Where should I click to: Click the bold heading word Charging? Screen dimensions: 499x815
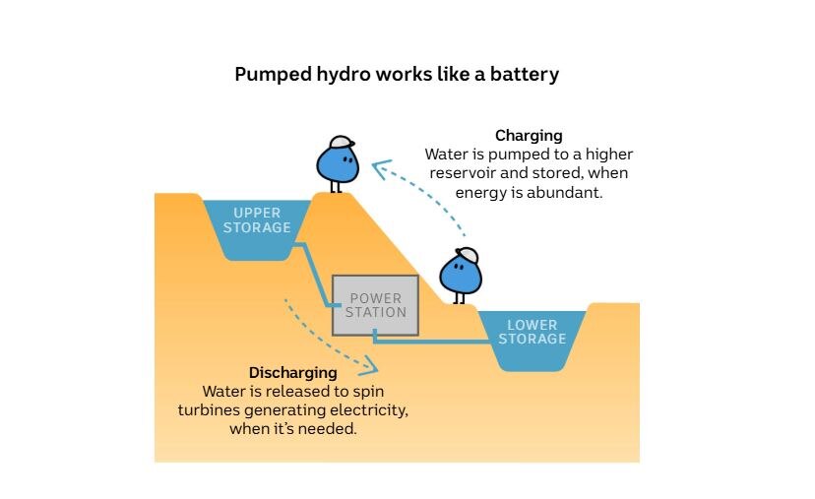tap(529, 136)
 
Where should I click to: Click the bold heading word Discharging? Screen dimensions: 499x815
tap(293, 373)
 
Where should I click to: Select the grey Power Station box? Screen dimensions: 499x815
tap(375, 305)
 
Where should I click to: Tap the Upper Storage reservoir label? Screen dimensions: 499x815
tap(257, 220)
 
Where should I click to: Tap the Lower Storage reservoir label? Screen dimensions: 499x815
tap(532, 332)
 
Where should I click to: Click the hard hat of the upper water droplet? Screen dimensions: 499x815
tap(342, 143)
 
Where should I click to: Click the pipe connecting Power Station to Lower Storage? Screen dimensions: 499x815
tap(433, 342)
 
